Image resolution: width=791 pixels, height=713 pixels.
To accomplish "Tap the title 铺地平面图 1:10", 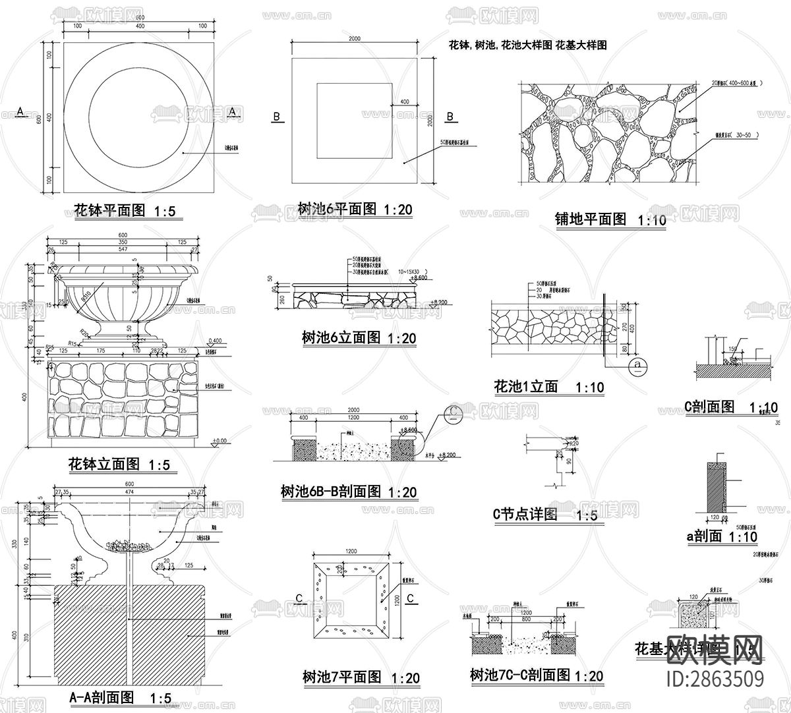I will click(x=610, y=219).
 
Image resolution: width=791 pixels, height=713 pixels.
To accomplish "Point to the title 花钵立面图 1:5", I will click(x=119, y=465).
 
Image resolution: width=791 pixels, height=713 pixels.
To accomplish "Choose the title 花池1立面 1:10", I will click(x=548, y=387).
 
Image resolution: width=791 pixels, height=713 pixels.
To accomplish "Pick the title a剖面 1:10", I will click(x=722, y=536).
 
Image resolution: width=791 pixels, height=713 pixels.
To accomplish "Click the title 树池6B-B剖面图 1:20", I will click(x=348, y=491).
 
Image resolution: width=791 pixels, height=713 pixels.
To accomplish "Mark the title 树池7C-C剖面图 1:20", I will click(x=536, y=675).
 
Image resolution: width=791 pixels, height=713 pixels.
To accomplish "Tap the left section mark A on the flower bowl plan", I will click(x=20, y=112).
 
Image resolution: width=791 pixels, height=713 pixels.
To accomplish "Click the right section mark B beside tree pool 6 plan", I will click(x=450, y=117).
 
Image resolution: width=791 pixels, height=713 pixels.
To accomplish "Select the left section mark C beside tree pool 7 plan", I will click(x=299, y=598).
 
